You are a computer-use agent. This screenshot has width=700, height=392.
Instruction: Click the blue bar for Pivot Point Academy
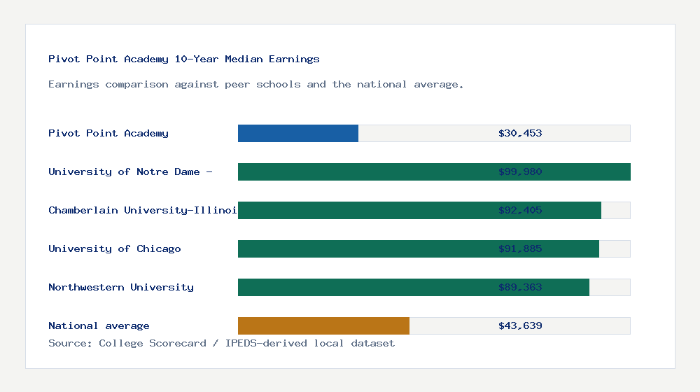(298, 133)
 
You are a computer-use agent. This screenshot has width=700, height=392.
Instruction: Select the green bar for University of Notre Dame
(364, 171)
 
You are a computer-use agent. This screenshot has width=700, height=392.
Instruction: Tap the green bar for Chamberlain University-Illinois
(364, 210)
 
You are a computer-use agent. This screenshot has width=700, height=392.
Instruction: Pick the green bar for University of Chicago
(364, 248)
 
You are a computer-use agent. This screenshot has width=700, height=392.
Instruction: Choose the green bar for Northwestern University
(364, 287)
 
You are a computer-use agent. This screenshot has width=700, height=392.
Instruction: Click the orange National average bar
(323, 325)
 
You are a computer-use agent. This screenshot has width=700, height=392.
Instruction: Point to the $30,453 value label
(520, 133)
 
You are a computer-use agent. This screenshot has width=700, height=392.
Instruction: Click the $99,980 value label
(520, 171)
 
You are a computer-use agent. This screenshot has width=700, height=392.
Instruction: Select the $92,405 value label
(520, 210)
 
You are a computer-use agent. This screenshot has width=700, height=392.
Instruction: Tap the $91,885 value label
(520, 248)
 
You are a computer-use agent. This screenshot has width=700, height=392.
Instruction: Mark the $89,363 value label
(520, 287)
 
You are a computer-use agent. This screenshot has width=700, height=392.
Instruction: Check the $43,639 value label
(520, 325)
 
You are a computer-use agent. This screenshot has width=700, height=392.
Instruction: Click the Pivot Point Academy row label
(108, 133)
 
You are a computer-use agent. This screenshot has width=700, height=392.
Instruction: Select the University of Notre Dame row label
(130, 171)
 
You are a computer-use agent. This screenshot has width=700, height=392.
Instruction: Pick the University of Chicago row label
(115, 248)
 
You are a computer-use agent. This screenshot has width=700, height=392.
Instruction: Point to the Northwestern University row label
(121, 287)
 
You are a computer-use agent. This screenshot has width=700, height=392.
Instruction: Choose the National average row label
(99, 325)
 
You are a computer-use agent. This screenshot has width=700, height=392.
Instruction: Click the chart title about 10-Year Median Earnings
(184, 59)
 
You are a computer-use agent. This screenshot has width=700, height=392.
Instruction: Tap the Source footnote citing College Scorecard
(221, 343)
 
